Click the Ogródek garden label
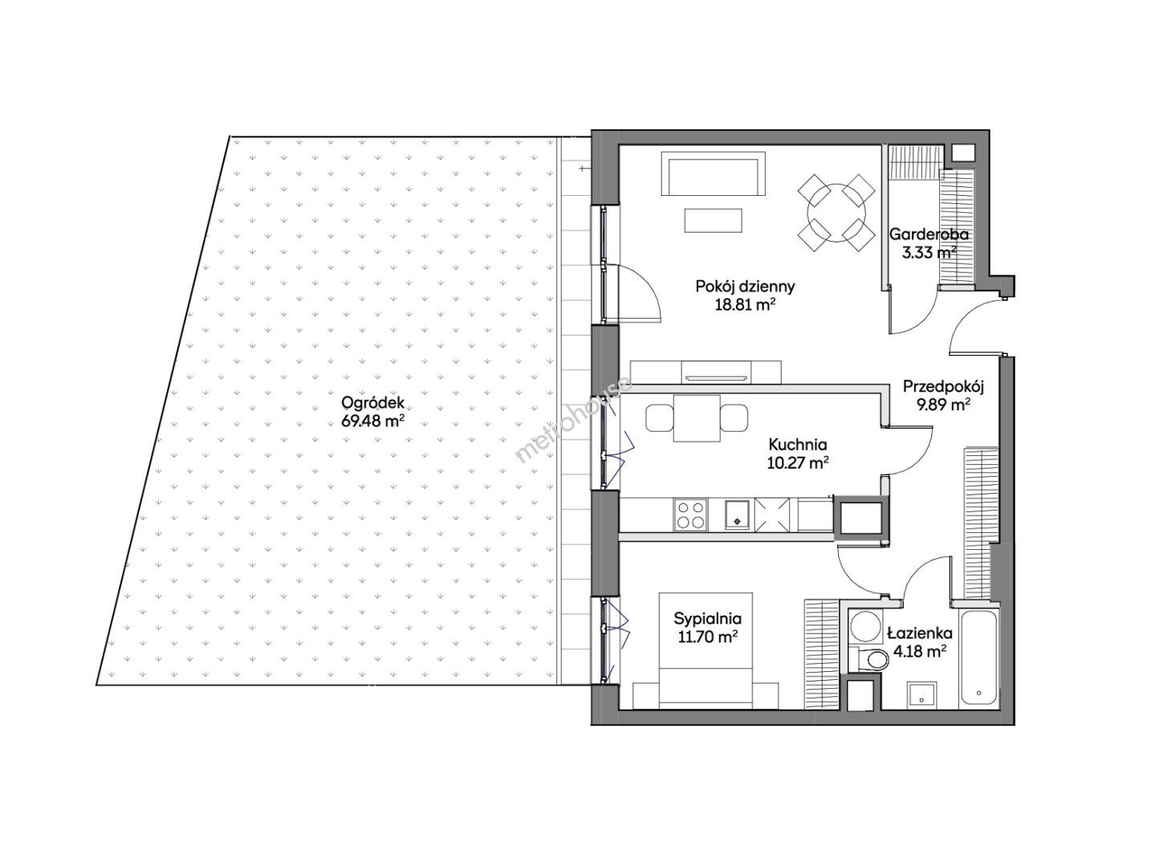(372, 402)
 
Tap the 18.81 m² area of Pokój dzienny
(745, 304)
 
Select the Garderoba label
(929, 234)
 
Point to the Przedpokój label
(943, 387)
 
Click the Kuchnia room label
(798, 445)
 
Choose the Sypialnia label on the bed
(707, 619)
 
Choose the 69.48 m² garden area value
(372, 421)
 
